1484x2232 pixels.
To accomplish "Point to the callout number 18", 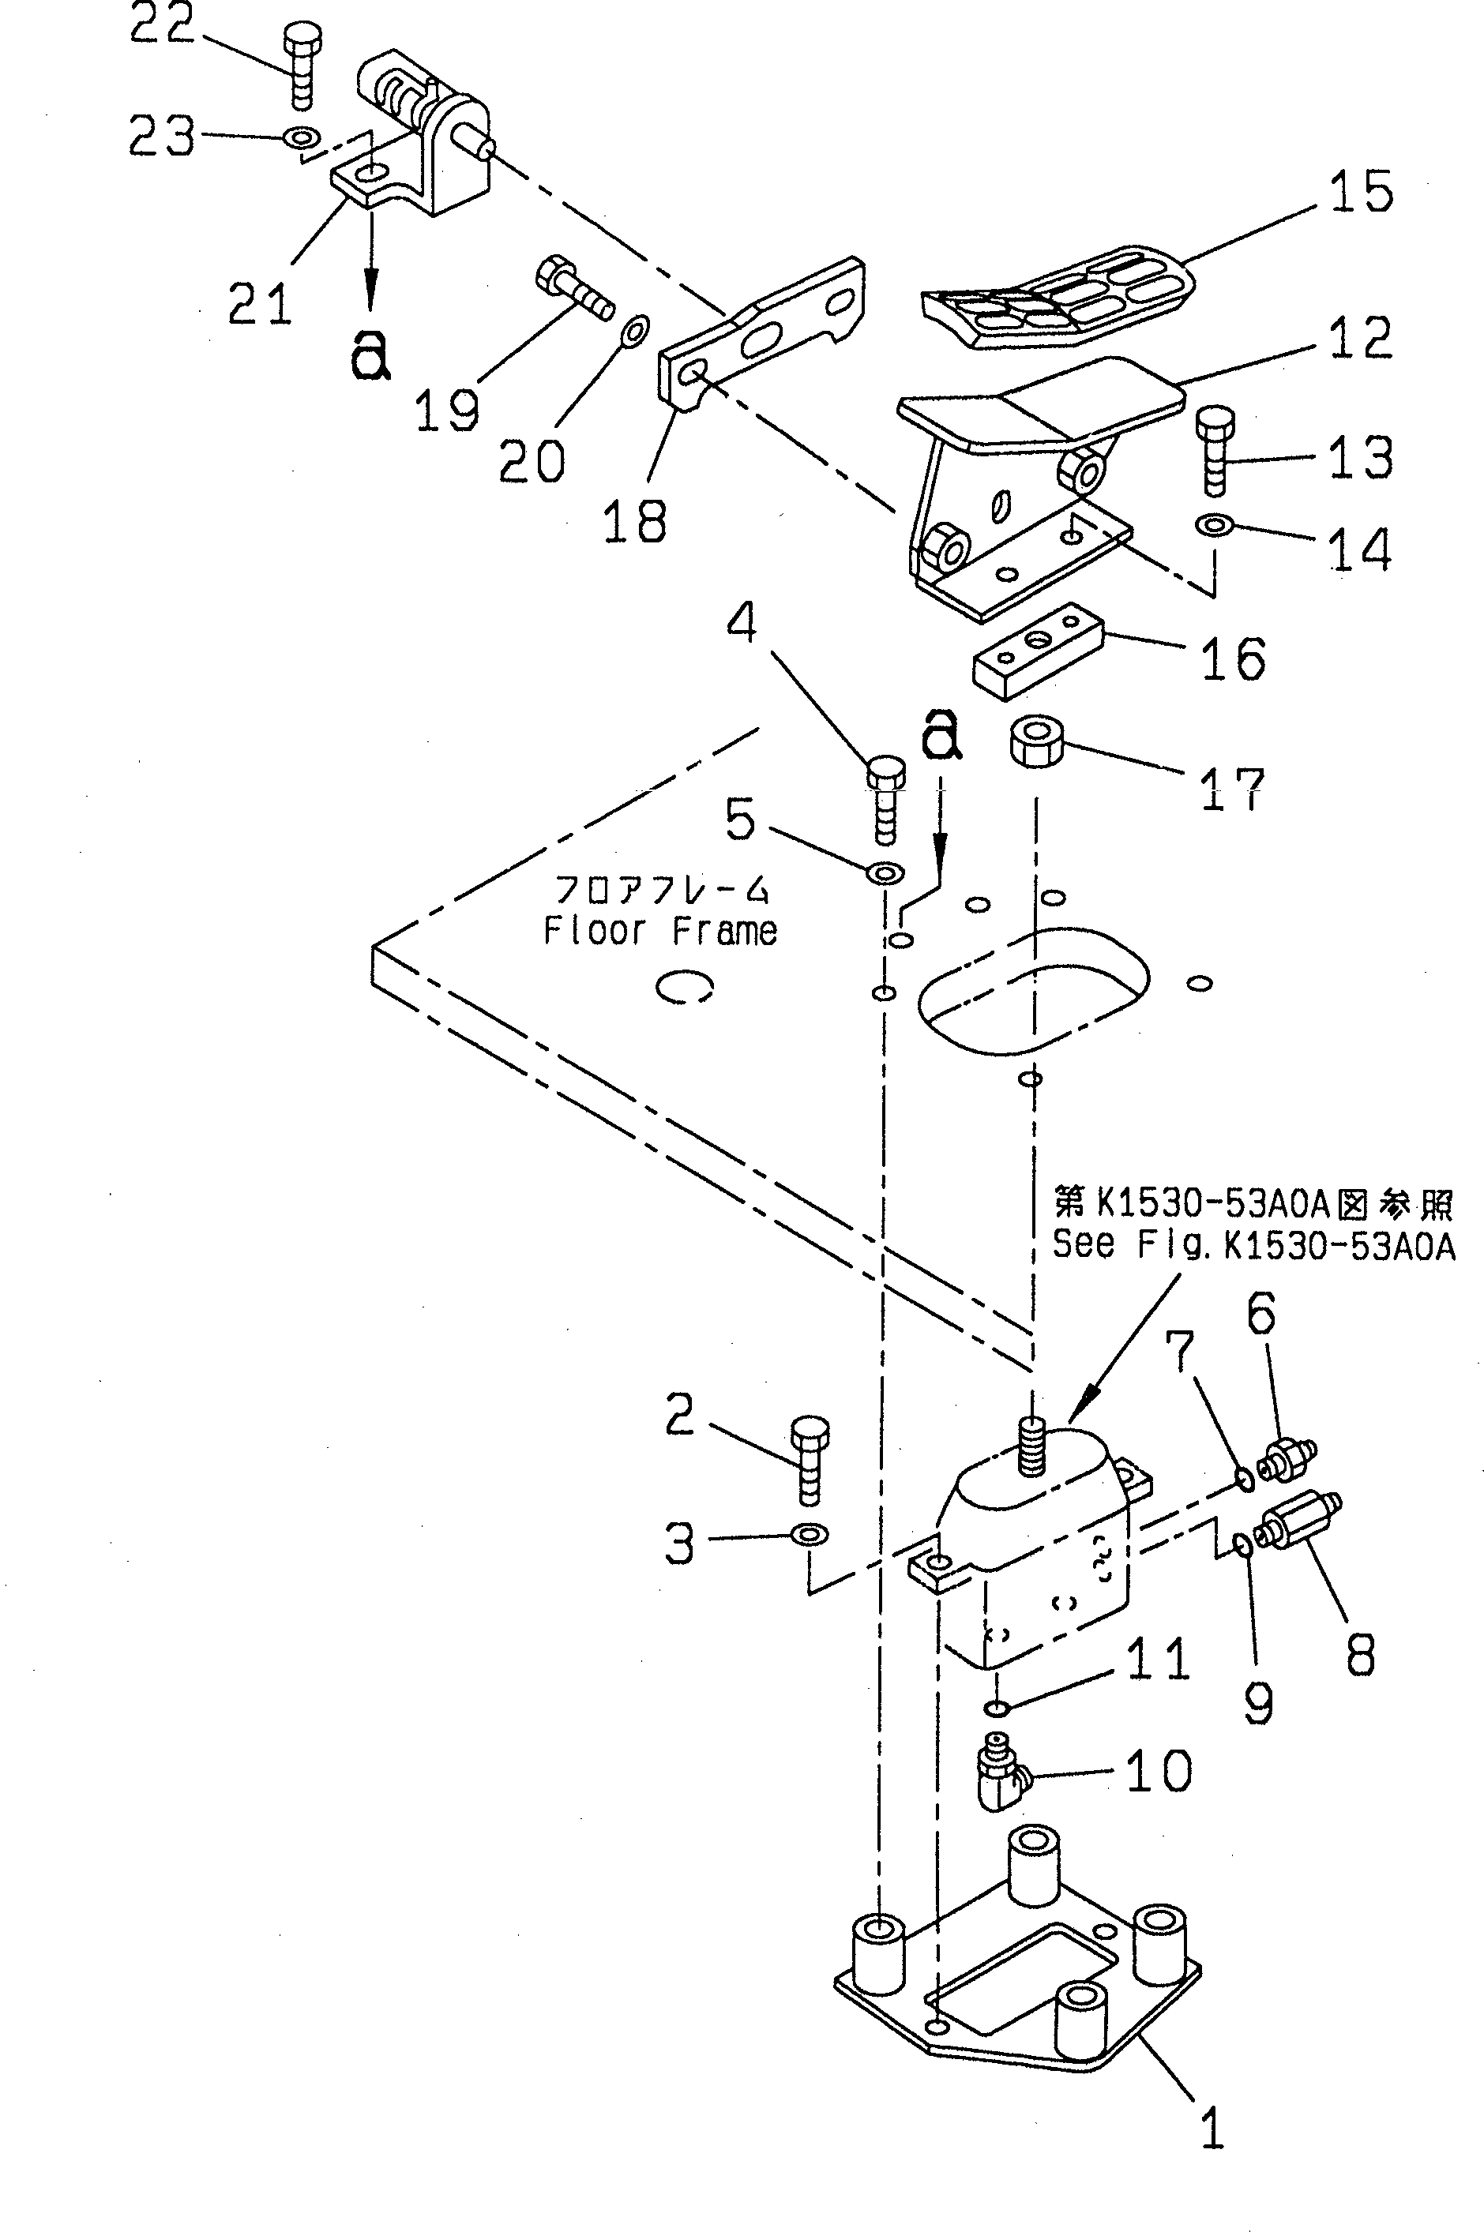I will (634, 521).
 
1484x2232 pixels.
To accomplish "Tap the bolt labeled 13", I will (1216, 448).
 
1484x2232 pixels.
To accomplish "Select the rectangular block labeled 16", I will (1039, 650).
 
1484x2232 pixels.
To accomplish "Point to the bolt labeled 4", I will (885, 798).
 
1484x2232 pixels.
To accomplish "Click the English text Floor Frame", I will (659, 932).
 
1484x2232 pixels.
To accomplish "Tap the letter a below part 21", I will (371, 356).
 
